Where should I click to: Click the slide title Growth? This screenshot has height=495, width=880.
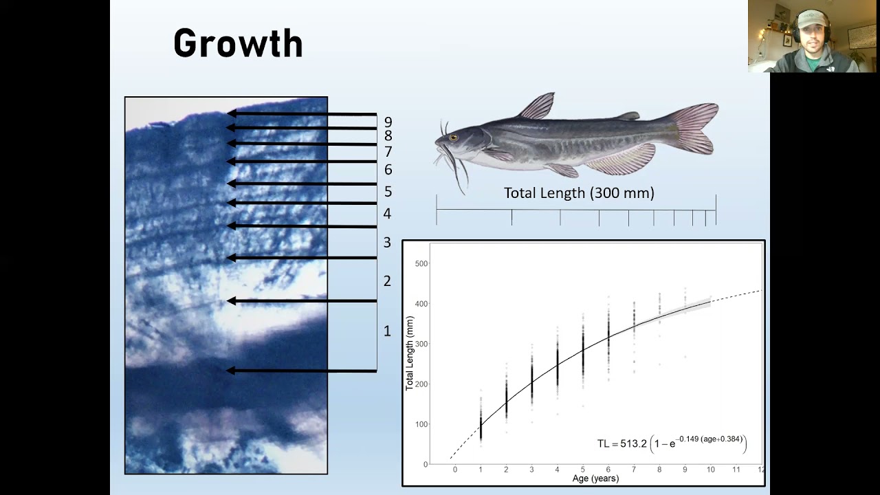[238, 43]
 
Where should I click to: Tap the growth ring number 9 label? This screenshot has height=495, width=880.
[388, 122]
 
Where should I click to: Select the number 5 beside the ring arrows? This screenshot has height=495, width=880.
[388, 192]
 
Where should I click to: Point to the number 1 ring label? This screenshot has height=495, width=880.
[387, 331]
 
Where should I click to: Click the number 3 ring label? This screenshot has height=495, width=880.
[387, 242]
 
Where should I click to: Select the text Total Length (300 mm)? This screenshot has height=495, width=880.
[579, 193]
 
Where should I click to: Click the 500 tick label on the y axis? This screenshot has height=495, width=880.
[419, 264]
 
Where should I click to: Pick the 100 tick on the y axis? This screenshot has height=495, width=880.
[419, 424]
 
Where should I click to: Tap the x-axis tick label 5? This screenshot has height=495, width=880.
[583, 470]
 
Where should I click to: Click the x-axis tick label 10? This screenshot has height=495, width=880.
[710, 470]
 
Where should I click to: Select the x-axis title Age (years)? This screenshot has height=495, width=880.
[595, 478]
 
